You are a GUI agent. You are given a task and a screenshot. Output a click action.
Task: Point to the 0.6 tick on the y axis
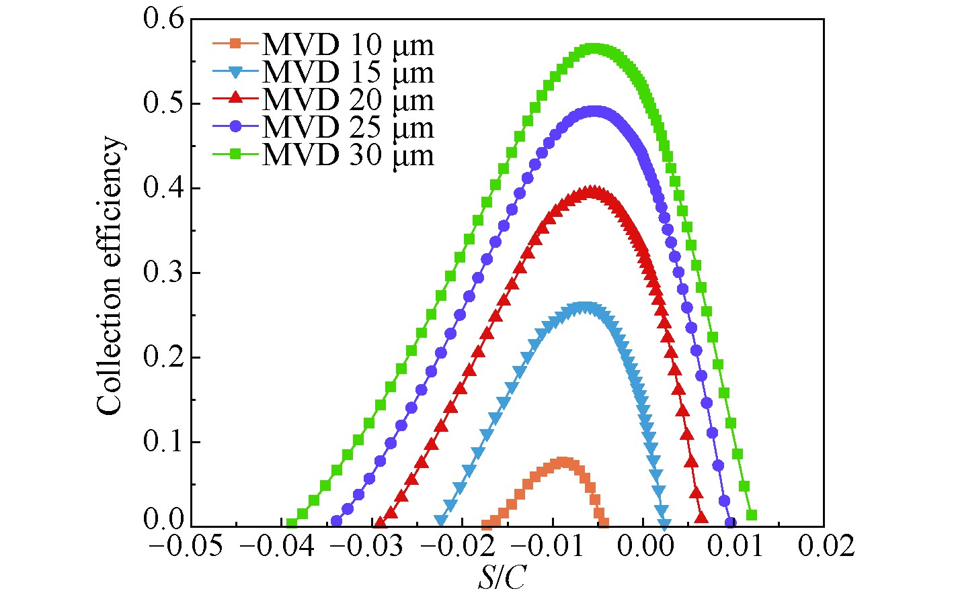coord(163,19)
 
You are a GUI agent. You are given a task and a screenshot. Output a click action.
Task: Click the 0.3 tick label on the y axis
coord(163,273)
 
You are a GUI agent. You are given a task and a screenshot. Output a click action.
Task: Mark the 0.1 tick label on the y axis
coord(163,442)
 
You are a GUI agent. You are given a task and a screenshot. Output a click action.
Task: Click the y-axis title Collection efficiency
coord(110,275)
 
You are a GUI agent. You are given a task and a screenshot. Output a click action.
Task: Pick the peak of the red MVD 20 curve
coord(592,192)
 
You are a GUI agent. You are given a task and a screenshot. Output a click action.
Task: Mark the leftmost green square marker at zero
coord(291,523)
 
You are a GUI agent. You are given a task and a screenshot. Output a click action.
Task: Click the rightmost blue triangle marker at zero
coord(664,524)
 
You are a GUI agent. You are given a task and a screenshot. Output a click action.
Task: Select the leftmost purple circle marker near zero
coord(336,520)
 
